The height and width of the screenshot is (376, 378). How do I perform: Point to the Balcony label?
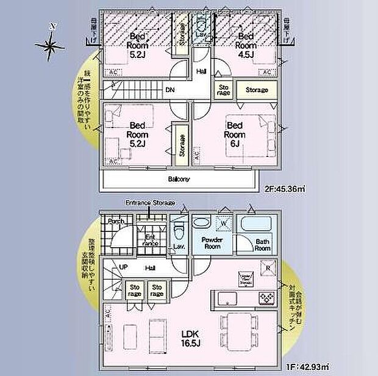pos(179,179)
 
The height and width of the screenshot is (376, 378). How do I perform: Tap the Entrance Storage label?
pos(150,203)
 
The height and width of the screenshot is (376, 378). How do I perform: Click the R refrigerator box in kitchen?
pos(266,266)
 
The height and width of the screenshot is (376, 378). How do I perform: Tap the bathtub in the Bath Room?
pos(255,224)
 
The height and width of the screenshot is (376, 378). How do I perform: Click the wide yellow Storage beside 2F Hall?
pos(257,90)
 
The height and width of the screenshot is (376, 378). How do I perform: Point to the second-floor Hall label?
pos(201,71)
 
